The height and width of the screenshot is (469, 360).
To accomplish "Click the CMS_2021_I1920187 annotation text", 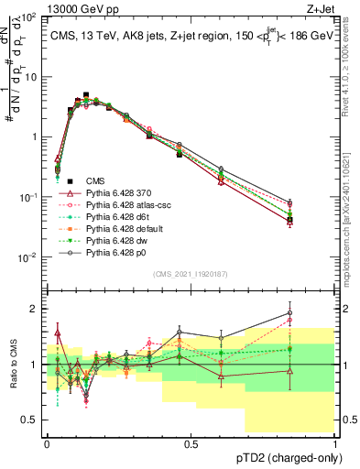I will (x=191, y=273).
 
